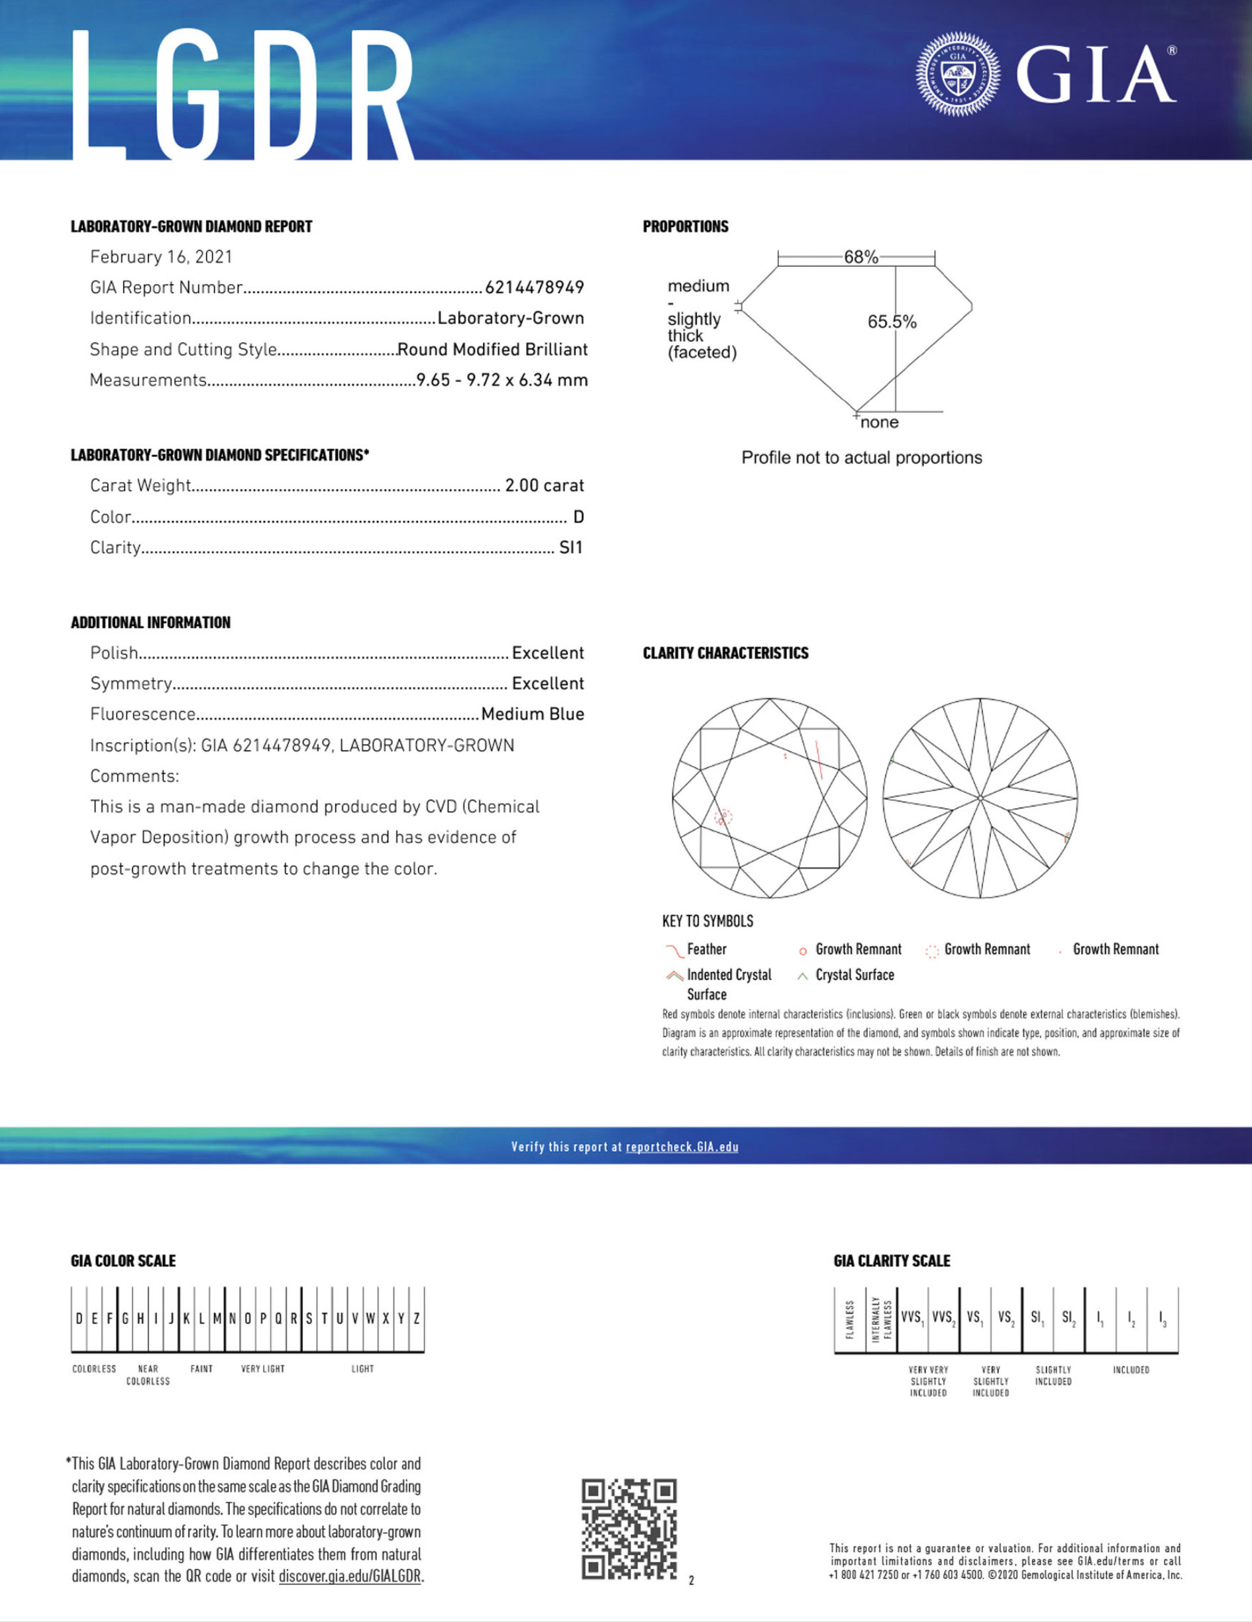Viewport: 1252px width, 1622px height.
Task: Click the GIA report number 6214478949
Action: pos(534,287)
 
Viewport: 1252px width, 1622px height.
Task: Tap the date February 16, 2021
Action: pos(161,257)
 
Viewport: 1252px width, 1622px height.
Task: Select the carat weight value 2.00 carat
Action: pos(544,486)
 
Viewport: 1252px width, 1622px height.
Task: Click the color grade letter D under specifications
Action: pos(578,517)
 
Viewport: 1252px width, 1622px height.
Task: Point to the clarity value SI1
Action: pos(570,548)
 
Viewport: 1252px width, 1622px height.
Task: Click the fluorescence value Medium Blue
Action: pos(532,714)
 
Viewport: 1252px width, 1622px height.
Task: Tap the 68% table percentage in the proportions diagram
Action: pos(861,257)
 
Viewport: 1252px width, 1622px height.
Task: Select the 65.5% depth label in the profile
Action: pos(892,322)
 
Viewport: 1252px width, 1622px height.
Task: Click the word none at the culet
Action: pos(879,422)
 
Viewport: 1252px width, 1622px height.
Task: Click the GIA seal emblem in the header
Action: pos(958,73)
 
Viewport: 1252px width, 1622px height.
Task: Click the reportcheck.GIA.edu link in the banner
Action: pos(682,1147)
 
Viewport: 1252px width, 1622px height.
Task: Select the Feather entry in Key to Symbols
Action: pos(706,949)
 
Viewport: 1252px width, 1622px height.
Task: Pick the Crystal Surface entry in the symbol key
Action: pos(854,975)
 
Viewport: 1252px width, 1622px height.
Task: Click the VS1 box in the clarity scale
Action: pos(974,1318)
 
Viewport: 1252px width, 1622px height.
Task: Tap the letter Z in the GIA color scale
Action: pos(417,1319)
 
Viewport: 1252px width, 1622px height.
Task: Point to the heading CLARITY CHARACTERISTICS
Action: pos(725,653)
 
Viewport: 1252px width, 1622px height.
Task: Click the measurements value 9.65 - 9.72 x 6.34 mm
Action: pos(501,380)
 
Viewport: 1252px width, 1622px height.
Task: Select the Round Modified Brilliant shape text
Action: pos(492,350)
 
